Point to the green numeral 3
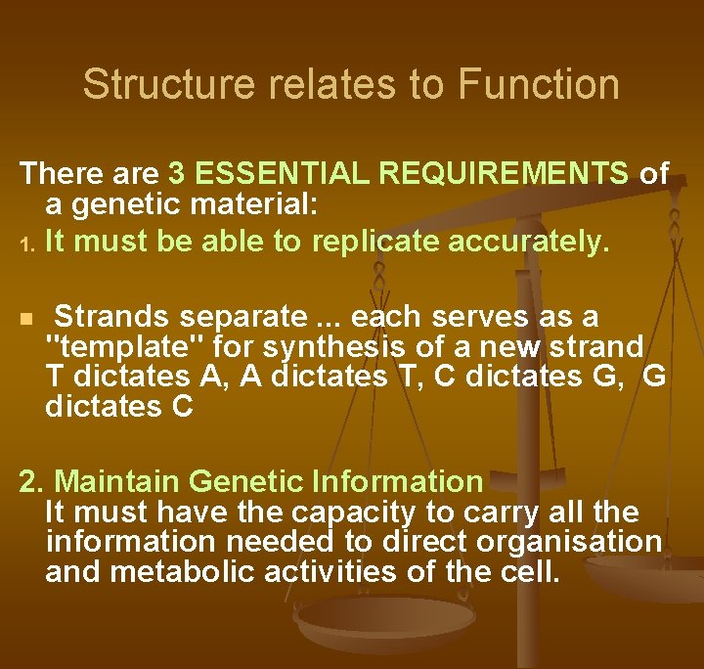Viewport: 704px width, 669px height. (x=177, y=174)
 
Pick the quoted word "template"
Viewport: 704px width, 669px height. (x=124, y=346)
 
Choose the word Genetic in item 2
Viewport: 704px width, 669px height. (x=244, y=481)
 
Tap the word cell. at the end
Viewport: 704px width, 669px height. (x=531, y=571)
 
